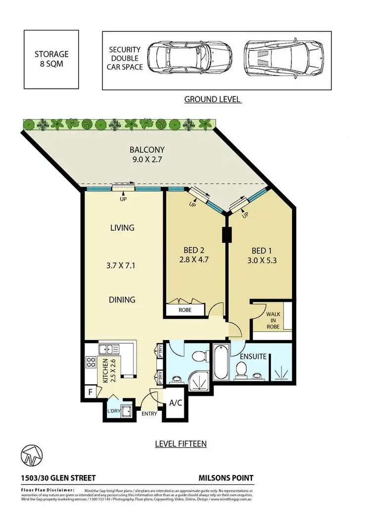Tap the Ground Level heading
click(x=213, y=99)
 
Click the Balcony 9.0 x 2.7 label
click(x=147, y=154)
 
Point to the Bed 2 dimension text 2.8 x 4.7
click(x=194, y=257)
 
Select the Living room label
click(x=122, y=228)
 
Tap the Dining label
click(x=122, y=300)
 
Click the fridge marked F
click(x=90, y=392)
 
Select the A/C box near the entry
click(x=176, y=403)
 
